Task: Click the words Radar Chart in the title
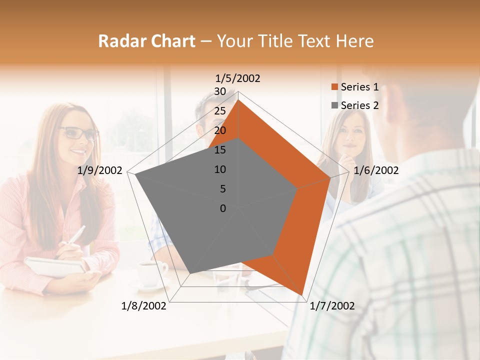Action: point(146,41)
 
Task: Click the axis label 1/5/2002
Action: point(238,78)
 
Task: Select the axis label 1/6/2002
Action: point(376,170)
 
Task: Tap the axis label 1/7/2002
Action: point(332,305)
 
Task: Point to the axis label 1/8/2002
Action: point(144,305)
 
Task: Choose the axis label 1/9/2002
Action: point(100,170)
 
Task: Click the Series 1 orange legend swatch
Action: point(334,87)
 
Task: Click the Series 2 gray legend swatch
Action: point(334,105)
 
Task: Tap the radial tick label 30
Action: point(220,91)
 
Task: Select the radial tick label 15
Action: point(220,150)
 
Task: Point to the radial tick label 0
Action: point(223,208)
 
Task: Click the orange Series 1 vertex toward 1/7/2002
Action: point(302,294)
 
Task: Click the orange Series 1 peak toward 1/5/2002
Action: point(238,100)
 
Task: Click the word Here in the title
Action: point(355,41)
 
